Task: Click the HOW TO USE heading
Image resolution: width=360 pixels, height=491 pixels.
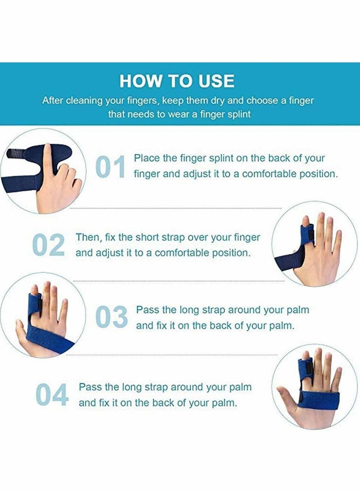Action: pyautogui.click(x=177, y=81)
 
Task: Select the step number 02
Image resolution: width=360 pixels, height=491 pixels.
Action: pyautogui.click(x=49, y=245)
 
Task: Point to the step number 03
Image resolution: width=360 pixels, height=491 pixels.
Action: pyautogui.click(x=112, y=317)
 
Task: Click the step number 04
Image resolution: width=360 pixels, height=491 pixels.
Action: pyautogui.click(x=52, y=394)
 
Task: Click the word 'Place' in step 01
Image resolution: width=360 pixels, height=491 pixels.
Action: pyautogui.click(x=145, y=158)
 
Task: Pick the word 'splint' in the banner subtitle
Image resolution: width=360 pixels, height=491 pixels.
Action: pyautogui.click(x=238, y=114)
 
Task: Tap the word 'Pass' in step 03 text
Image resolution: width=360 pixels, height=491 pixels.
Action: pyautogui.click(x=146, y=310)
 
